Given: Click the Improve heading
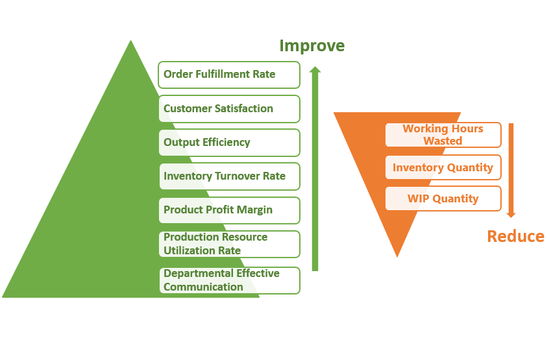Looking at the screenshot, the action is point(312,46).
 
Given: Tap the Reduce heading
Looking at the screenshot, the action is point(515,236).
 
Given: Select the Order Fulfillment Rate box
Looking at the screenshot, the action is point(229,75).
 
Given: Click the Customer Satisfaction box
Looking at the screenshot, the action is point(229,109).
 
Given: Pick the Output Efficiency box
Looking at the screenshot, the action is point(229,143).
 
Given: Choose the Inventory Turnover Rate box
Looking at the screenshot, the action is point(229,176).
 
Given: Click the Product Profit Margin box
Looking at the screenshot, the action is point(229,210).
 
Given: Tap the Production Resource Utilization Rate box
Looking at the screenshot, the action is point(229,244).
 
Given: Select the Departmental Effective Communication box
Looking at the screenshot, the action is point(229,280).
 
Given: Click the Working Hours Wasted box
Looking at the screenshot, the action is point(443,134).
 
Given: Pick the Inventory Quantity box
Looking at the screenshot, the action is point(443,167).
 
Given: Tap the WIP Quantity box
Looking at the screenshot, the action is point(443,198).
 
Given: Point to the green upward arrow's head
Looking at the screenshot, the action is point(315,69).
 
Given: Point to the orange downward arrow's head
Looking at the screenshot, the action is point(511,215).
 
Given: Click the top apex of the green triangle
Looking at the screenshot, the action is point(130,40).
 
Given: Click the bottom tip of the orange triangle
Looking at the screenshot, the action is point(397,257).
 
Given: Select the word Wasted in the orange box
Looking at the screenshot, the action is point(443,141).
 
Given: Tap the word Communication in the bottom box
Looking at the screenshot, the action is point(204,287).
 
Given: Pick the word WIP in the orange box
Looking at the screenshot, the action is point(418,198).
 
